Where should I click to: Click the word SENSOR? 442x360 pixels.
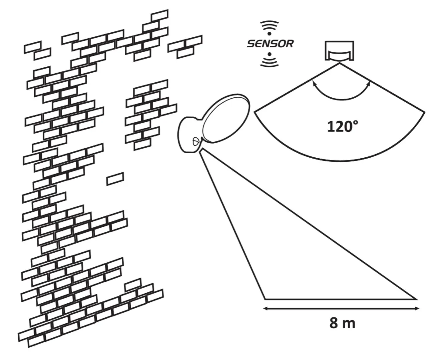[x=270, y=44]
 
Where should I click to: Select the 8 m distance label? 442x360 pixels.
[x=342, y=323]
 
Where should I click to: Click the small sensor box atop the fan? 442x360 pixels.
[x=339, y=51]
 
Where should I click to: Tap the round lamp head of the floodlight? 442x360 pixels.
[x=226, y=118]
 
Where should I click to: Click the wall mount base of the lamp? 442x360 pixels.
[x=188, y=135]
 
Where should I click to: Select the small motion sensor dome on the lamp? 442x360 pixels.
[x=196, y=142]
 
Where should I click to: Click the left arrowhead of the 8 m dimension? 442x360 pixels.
[x=266, y=309]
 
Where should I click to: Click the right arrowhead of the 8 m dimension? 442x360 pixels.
[x=417, y=309]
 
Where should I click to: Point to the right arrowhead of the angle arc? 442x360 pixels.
[x=369, y=83]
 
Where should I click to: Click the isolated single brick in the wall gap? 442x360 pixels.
[x=115, y=179]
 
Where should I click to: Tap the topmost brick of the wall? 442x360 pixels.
[x=159, y=15]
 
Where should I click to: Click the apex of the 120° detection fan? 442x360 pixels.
[x=339, y=63]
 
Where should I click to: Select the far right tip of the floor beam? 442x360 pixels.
[x=416, y=299]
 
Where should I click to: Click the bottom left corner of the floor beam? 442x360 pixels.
[x=265, y=299]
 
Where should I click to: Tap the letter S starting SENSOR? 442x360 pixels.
[x=251, y=44]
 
